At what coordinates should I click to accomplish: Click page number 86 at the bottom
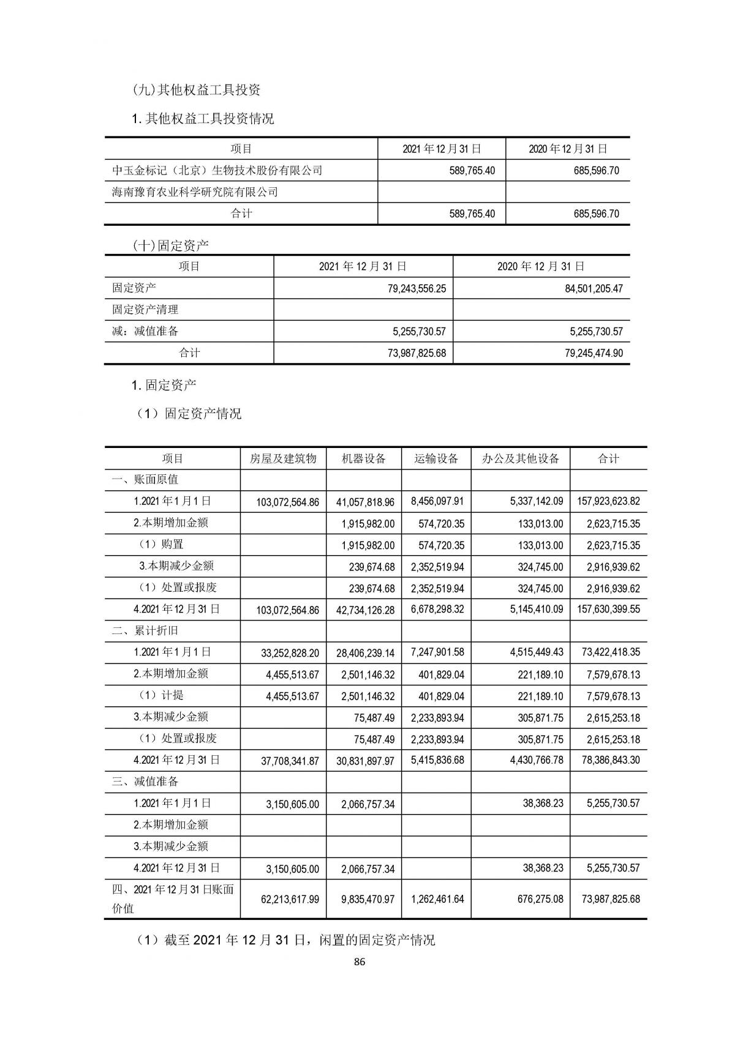point(360,961)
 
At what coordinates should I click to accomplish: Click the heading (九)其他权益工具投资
point(197,90)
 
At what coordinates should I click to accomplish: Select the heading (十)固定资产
point(171,246)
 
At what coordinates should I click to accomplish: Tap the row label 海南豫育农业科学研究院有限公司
point(195,192)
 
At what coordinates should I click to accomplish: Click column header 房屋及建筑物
point(283,458)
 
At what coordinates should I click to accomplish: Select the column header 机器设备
point(364,458)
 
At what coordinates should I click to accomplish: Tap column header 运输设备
point(436,458)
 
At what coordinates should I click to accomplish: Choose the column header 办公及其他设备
point(521,458)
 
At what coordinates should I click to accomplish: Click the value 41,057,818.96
point(365,502)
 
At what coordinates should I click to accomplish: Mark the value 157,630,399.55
point(608,610)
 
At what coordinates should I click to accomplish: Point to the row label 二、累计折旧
point(145,630)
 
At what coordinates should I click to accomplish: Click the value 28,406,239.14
point(365,653)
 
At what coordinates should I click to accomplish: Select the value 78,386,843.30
point(608,761)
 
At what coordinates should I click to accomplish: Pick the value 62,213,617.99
point(287,900)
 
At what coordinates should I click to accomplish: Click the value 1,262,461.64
point(437,900)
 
